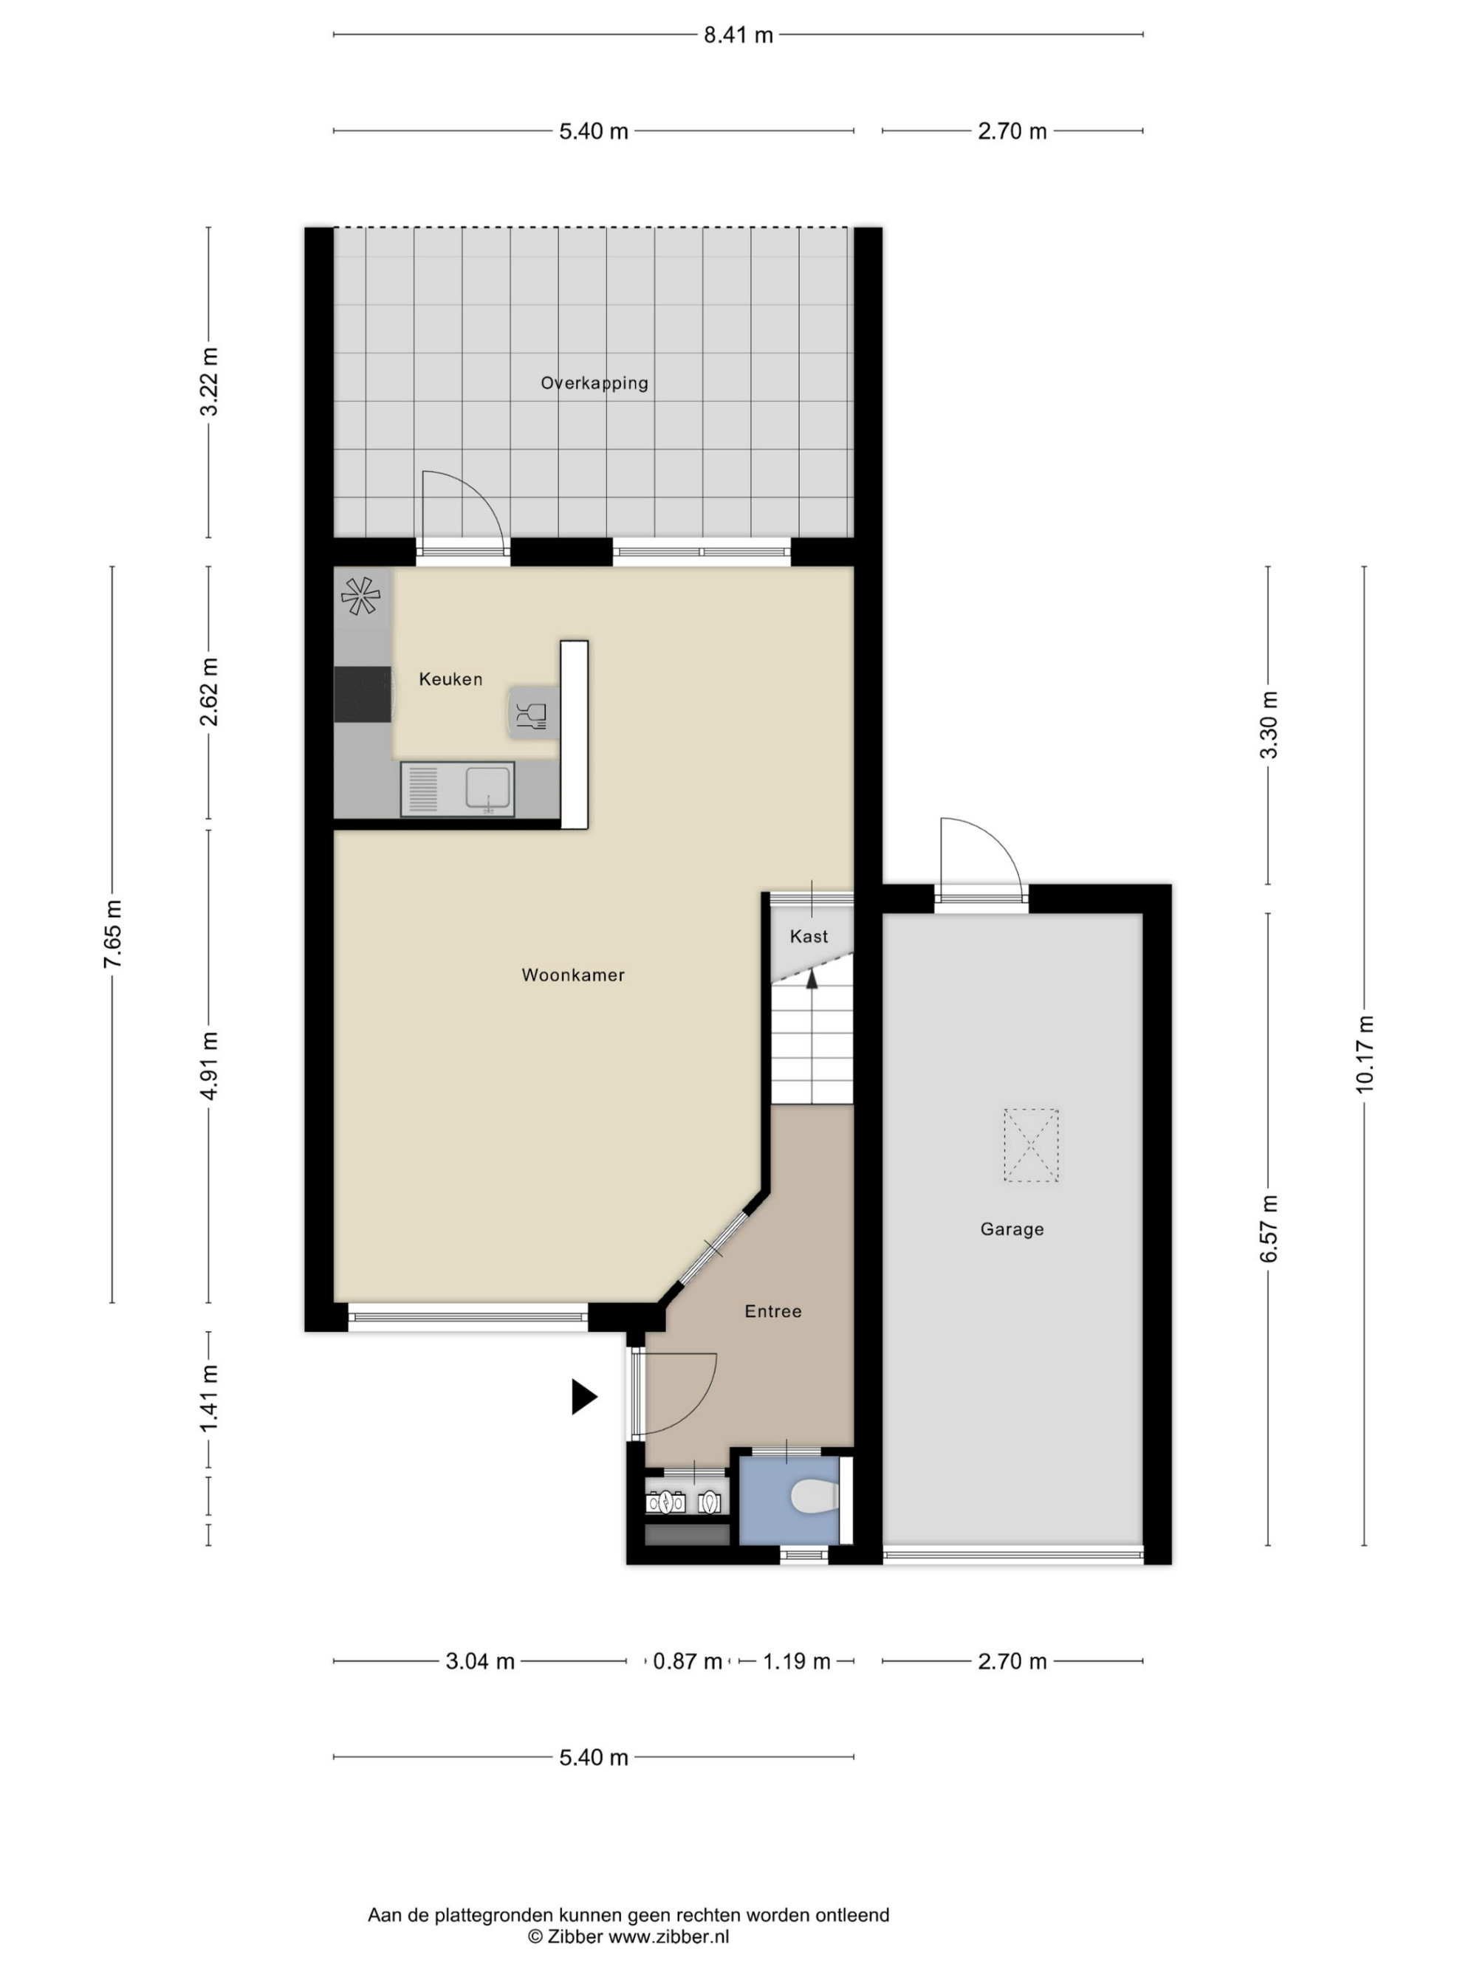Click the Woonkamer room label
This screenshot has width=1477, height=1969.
point(572,975)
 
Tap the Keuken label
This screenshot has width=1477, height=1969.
point(450,679)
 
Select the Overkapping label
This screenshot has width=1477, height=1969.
point(594,382)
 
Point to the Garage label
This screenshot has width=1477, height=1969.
point(1011,1229)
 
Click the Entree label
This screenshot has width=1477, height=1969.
point(772,1311)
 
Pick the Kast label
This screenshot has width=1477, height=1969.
point(809,936)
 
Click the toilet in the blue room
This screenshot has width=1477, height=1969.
point(814,1496)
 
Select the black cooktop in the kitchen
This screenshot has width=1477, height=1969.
point(363,694)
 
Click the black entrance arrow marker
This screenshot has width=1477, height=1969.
point(583,1397)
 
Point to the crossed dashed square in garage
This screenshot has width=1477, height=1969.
point(1031,1145)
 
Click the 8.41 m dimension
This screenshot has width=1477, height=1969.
point(738,35)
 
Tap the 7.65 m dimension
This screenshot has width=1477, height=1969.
point(112,934)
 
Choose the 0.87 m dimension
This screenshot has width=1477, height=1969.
point(688,1662)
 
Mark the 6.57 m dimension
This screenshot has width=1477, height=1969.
point(1268,1229)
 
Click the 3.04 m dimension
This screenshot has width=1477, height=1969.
point(480,1662)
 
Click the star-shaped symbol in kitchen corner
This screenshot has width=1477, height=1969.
point(360,596)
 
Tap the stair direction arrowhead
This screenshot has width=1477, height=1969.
point(812,979)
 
